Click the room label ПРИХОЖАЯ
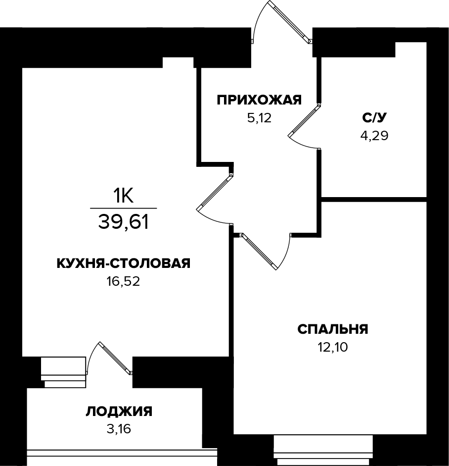pos(259,101)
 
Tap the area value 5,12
pos(259,118)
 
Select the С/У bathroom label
pos(374,117)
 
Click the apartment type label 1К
pos(123,197)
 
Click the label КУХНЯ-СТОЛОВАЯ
pos(123,263)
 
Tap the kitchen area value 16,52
pos(123,282)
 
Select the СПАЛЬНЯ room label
pos(333,329)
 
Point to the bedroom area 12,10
pos(333,347)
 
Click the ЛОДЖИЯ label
pos(119,412)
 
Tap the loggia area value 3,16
pos(119,429)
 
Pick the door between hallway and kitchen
pos(214,193)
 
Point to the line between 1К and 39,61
pos(123,208)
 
